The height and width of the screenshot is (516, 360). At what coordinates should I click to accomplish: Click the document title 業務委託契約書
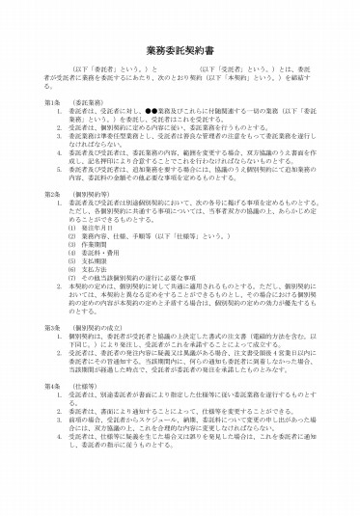(180, 47)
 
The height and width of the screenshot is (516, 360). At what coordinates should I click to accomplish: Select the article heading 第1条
(53, 101)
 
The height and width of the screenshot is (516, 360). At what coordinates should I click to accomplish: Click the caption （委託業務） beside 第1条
(89, 101)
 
